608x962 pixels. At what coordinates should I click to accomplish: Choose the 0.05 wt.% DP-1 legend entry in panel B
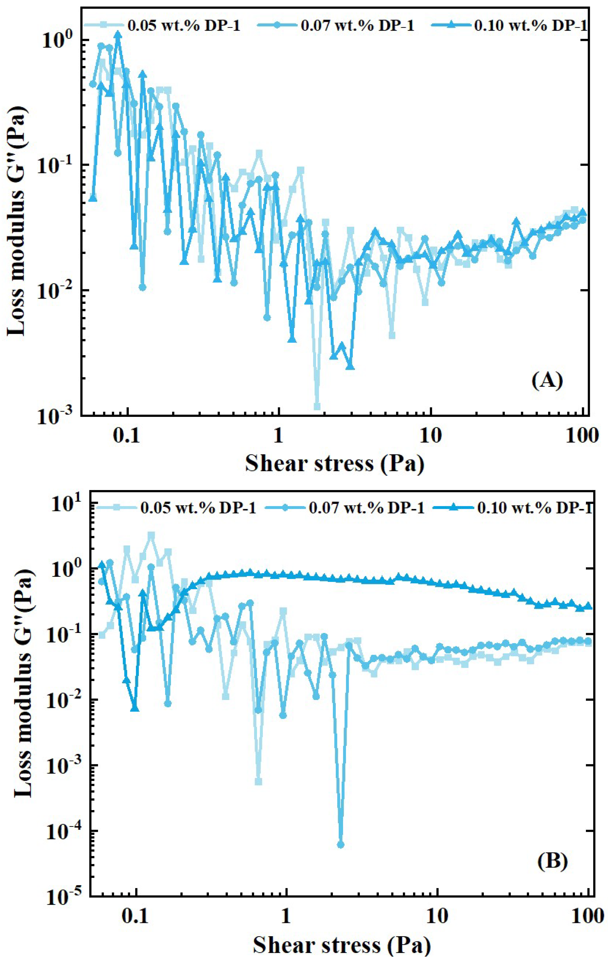point(198,508)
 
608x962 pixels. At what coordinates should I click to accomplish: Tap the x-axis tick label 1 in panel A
point(278,435)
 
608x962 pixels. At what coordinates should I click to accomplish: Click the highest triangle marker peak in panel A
point(118,35)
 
